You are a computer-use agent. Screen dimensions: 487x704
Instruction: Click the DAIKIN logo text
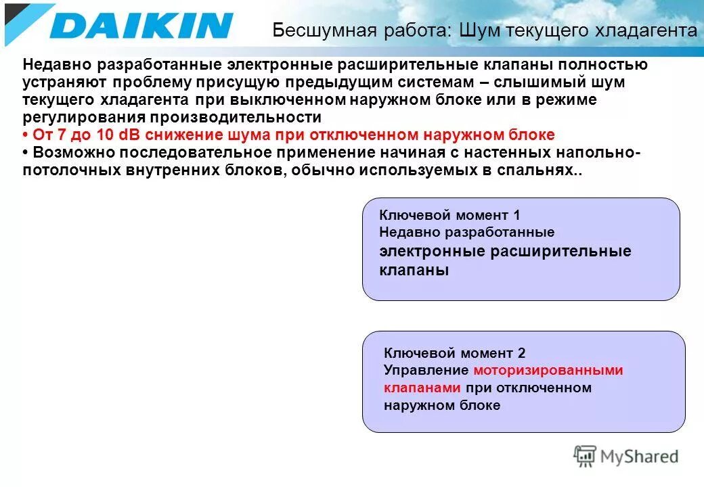(x=141, y=25)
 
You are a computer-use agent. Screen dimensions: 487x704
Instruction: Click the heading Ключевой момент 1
(x=449, y=215)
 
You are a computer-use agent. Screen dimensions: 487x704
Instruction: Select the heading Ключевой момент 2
(x=454, y=353)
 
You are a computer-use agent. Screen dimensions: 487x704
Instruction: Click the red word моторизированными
(x=548, y=371)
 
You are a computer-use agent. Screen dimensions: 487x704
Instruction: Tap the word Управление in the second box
(x=426, y=371)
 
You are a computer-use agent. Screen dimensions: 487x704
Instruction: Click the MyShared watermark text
(x=639, y=457)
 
